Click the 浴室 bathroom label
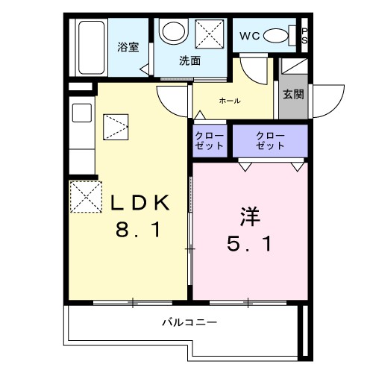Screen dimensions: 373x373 (128, 47)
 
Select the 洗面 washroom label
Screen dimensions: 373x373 (189, 61)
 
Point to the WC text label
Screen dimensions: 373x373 (249, 36)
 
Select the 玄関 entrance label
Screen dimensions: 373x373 (293, 94)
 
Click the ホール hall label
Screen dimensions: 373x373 (229, 101)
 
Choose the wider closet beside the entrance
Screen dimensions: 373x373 (269, 140)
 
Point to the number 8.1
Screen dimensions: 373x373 (138, 231)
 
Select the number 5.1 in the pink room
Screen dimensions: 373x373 (249, 243)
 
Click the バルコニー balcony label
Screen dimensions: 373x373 (190, 324)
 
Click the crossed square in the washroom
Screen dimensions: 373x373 (209, 34)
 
